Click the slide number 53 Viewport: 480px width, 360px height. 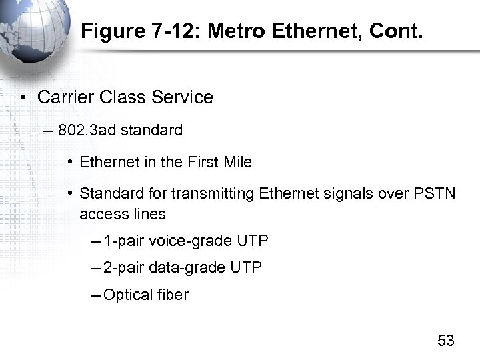coord(445,341)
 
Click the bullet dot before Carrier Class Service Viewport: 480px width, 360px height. coord(23,98)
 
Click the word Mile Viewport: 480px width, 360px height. coord(238,162)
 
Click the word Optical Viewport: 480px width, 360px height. coord(128,294)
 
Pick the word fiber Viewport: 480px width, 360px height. coord(173,294)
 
